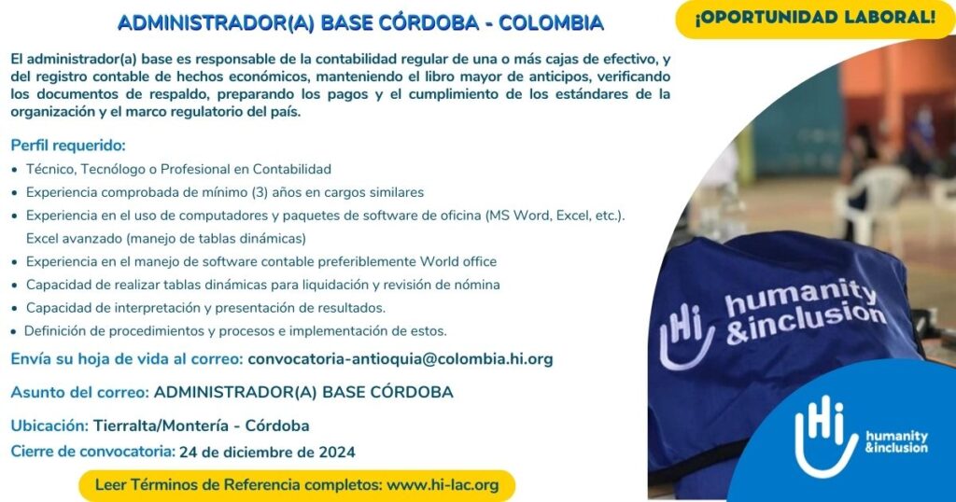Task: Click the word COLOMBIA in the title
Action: click(551, 23)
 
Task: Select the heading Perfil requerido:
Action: click(68, 146)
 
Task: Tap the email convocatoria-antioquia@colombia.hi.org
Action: click(400, 359)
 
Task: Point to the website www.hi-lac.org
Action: click(443, 485)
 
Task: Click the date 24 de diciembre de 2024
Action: click(267, 452)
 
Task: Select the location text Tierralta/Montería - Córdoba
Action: click(202, 425)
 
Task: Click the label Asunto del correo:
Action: click(80, 392)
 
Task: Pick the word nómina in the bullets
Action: click(477, 285)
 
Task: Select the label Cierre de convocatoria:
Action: click(92, 452)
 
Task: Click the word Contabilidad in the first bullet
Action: click(292, 170)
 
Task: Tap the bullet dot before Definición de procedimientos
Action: click(14, 332)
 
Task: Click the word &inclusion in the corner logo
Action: click(896, 448)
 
